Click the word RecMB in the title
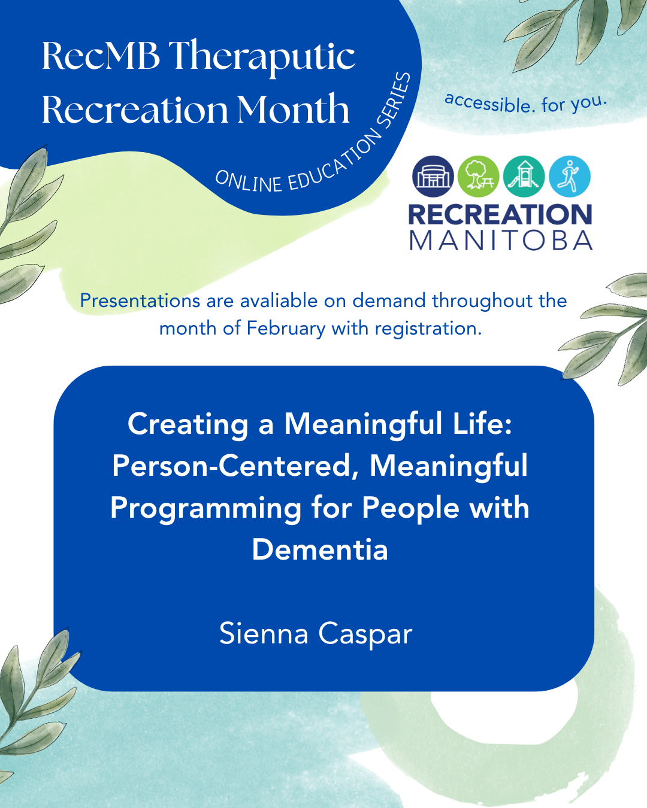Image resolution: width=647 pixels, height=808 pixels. pyautogui.click(x=101, y=56)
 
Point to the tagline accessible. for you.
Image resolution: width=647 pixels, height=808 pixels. pyautogui.click(x=526, y=103)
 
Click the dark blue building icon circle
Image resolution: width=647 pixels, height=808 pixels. pyautogui.click(x=433, y=177)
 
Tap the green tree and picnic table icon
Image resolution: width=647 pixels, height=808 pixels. pyautogui.click(x=478, y=177)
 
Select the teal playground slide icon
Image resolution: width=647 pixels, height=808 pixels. pyautogui.click(x=524, y=177)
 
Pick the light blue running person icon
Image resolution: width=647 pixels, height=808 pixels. pyautogui.click(x=570, y=177)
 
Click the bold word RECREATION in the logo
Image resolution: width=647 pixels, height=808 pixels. pyautogui.click(x=500, y=214)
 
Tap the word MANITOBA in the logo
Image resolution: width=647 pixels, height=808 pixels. pyautogui.click(x=501, y=240)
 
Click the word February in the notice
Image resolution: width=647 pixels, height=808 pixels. pyautogui.click(x=286, y=329)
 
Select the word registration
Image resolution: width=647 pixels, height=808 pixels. pyautogui.click(x=428, y=329)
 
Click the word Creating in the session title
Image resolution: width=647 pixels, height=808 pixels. pyautogui.click(x=188, y=425)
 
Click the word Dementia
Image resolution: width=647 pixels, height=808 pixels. pyautogui.click(x=320, y=549)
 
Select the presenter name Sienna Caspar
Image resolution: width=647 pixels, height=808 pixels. pyautogui.click(x=316, y=633)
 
